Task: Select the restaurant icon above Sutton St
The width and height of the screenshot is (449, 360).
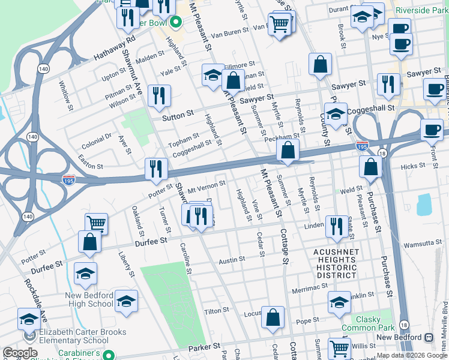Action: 159,95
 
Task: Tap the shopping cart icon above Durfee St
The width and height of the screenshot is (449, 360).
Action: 96,223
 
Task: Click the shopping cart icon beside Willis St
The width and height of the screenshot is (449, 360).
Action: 339,348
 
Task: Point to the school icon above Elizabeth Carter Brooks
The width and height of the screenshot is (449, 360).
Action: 29,319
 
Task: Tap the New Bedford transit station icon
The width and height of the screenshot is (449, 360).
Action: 429,338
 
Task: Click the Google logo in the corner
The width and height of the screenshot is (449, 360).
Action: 20,353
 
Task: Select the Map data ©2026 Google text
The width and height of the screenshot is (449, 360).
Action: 411,355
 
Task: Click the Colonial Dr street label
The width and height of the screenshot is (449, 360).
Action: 95,140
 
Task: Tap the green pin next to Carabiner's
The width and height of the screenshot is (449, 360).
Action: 108,355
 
